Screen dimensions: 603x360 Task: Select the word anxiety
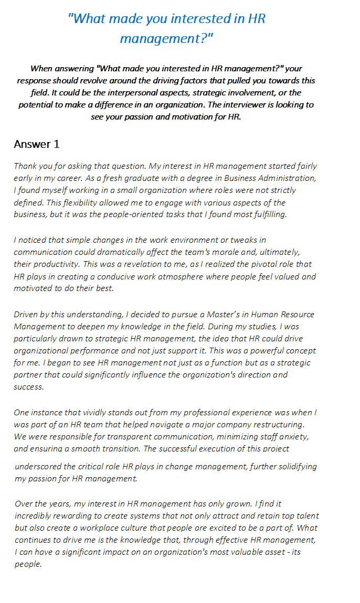(295, 436)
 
